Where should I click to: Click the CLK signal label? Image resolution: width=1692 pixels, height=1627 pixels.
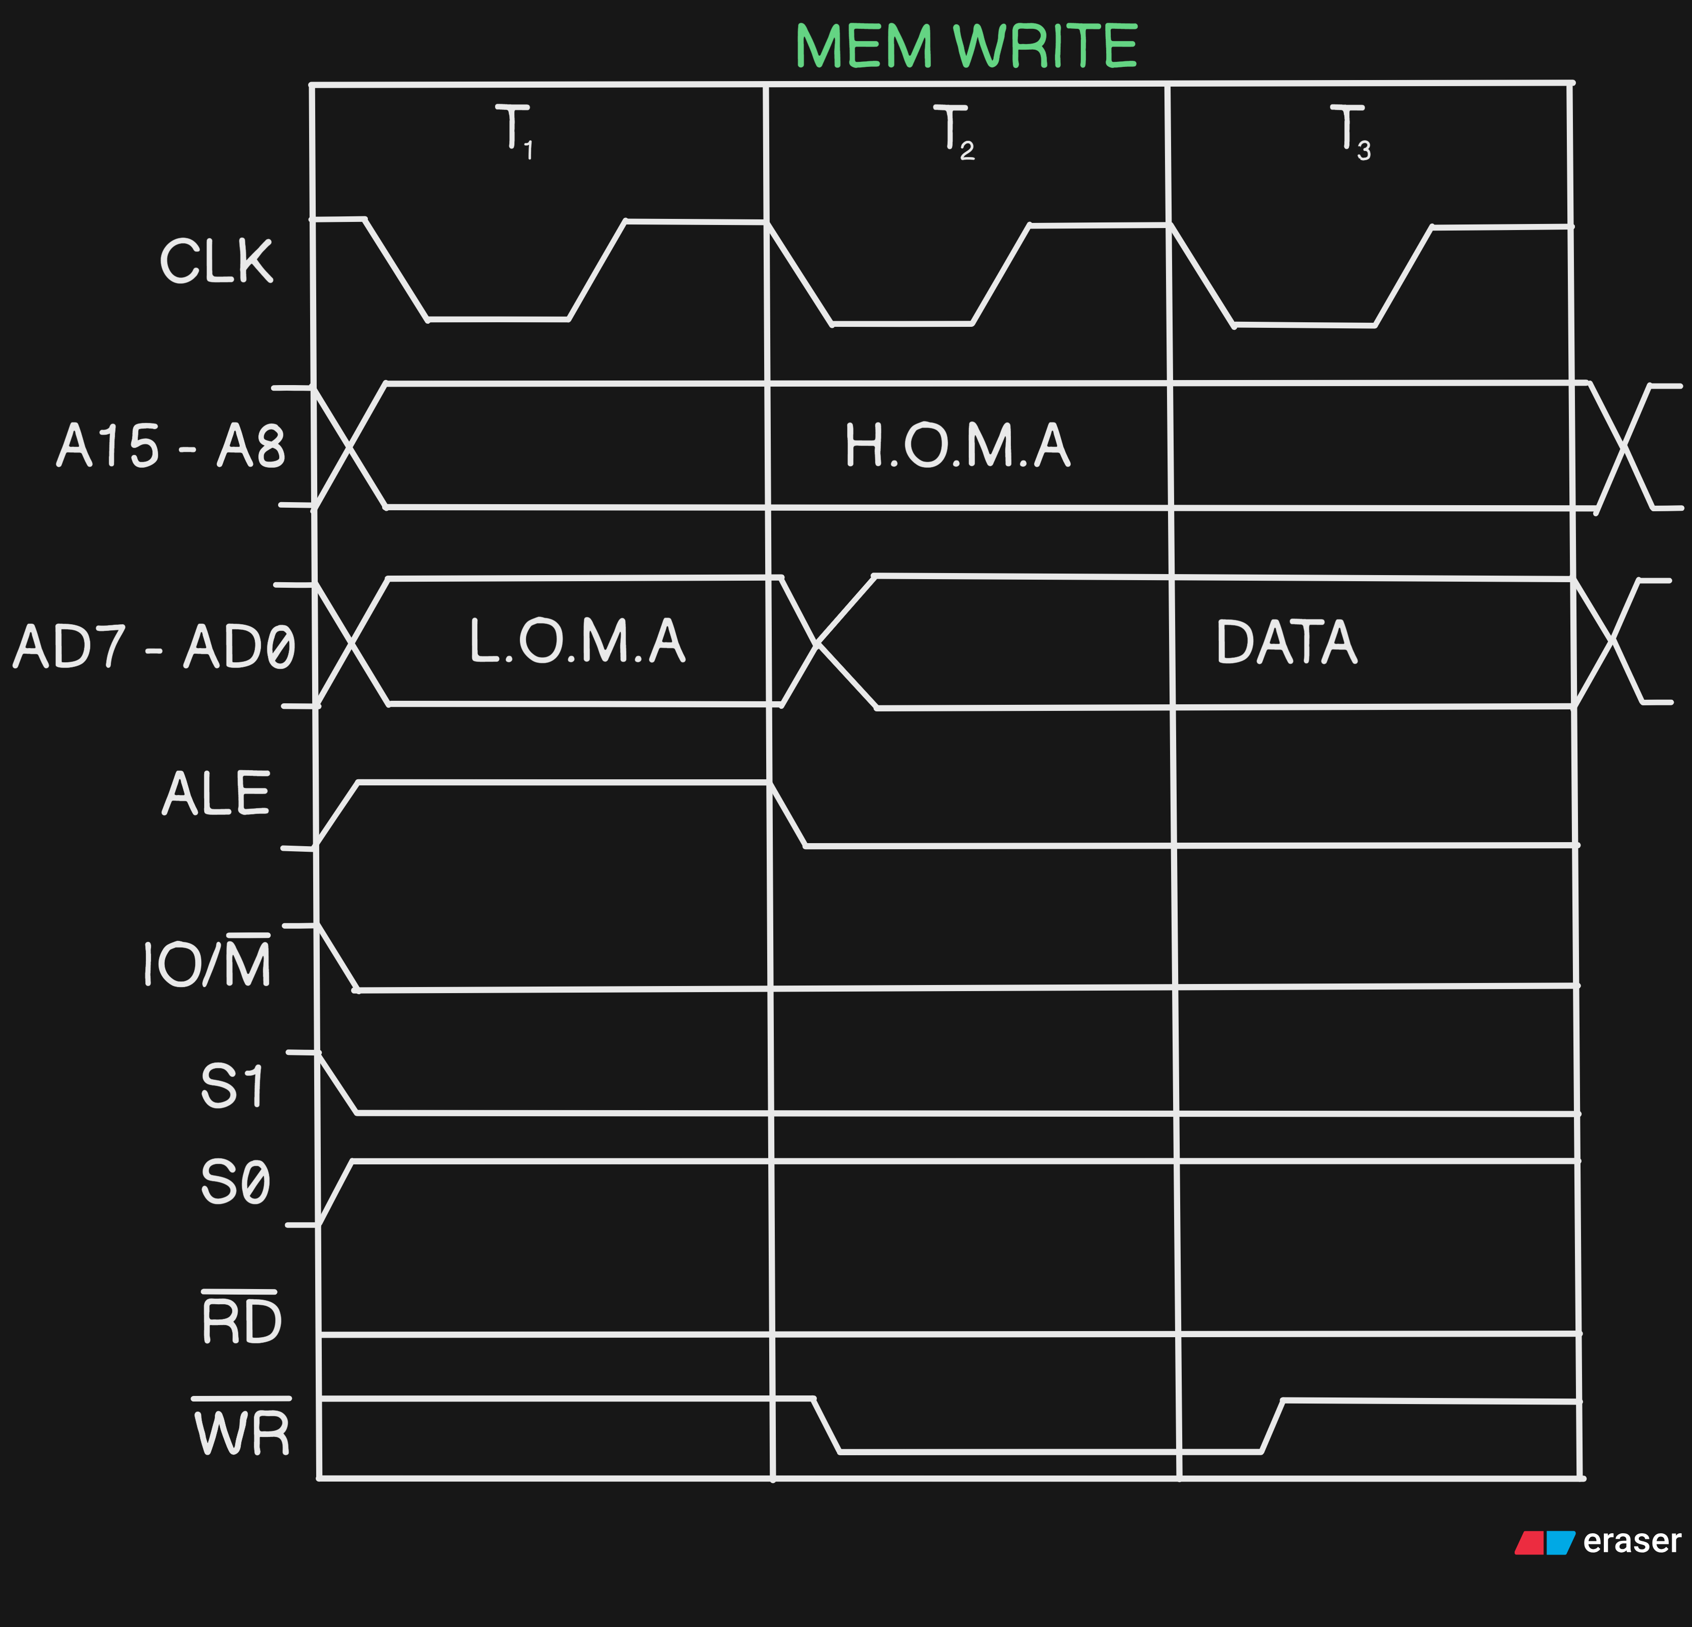tap(216, 260)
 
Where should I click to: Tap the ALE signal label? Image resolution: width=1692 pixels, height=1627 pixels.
tap(216, 794)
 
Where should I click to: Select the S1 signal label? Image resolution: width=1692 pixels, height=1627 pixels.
tap(232, 1086)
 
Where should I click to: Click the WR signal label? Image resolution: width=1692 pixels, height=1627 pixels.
tap(242, 1433)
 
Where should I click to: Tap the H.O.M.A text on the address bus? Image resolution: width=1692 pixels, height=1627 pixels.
tap(957, 445)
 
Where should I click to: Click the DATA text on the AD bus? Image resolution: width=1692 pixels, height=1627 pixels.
tap(1286, 642)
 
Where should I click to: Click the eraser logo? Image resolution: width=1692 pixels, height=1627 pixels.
tap(1597, 1541)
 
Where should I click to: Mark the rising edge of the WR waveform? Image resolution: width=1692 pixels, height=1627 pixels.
tap(1272, 1426)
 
